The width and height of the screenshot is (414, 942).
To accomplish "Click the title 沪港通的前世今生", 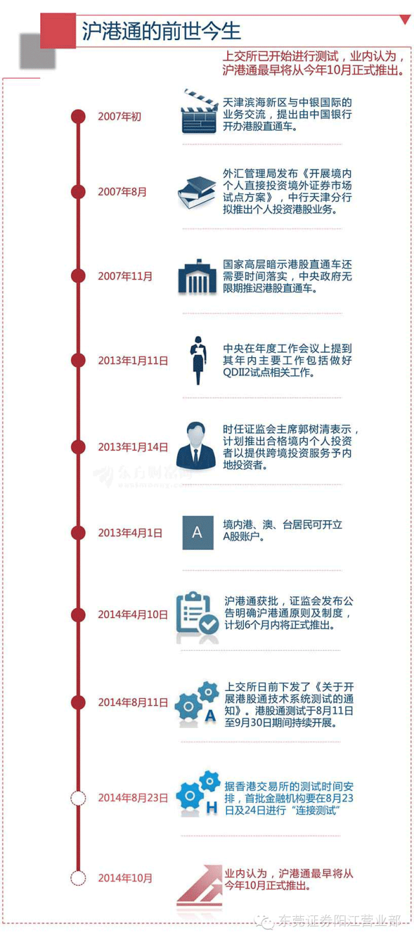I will (x=161, y=31).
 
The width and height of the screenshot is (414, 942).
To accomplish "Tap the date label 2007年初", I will (x=119, y=117).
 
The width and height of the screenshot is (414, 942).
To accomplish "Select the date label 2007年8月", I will (x=122, y=192).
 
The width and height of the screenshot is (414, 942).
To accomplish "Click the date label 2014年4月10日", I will (x=133, y=615).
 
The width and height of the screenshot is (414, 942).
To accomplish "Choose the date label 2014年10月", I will (x=125, y=878).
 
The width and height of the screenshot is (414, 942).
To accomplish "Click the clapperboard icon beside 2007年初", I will (x=199, y=111).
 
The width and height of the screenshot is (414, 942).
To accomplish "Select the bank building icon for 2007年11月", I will (x=197, y=276).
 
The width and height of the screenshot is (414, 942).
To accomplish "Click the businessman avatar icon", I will (x=197, y=446).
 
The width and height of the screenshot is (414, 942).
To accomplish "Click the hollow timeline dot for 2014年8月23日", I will (x=78, y=798).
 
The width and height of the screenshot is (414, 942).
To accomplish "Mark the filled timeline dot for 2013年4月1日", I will (x=78, y=533).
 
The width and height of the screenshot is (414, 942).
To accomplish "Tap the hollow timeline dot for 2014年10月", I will (x=78, y=878).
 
